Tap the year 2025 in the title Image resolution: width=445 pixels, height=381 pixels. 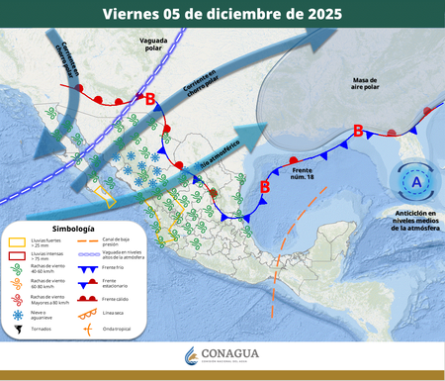coord(319,15)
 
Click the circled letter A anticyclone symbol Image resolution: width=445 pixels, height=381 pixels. coord(415,182)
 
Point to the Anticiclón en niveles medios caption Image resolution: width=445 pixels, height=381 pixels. coord(414,220)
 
